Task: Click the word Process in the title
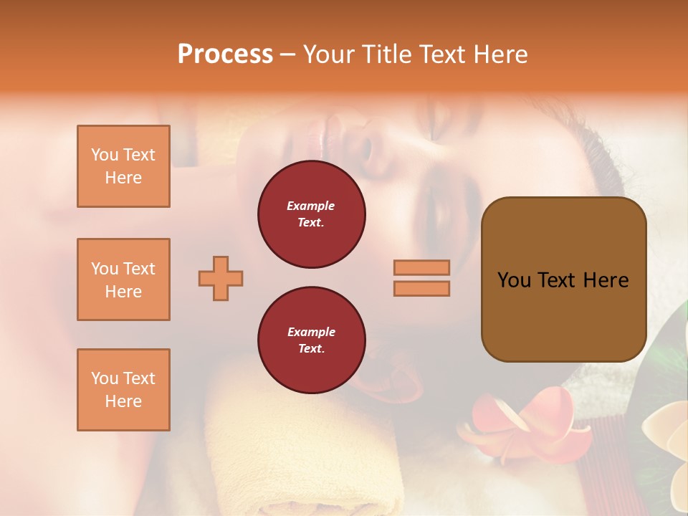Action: click(x=225, y=54)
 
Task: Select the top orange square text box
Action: click(x=123, y=166)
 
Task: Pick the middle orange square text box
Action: click(x=123, y=279)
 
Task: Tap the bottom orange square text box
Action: click(x=123, y=390)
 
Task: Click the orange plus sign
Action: click(x=221, y=278)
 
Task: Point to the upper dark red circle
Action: click(x=311, y=214)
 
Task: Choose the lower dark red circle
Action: click(x=311, y=340)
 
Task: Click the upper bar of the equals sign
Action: click(x=421, y=267)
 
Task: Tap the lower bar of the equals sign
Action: click(x=421, y=288)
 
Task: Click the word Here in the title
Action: click(x=502, y=54)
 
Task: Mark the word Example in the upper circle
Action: click(x=311, y=206)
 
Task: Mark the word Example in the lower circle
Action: click(x=311, y=332)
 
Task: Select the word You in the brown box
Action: click(x=514, y=280)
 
